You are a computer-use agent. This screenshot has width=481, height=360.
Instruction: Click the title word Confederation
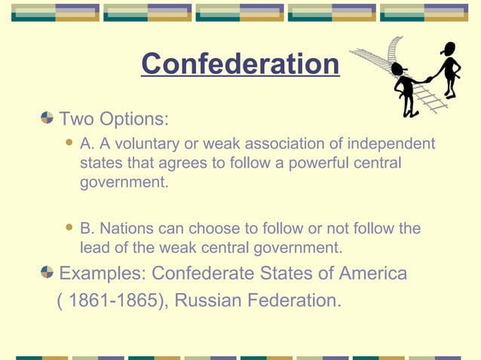[240, 65]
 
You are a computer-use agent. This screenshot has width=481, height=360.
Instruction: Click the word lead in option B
[93, 248]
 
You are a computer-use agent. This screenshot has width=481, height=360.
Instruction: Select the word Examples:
[103, 273]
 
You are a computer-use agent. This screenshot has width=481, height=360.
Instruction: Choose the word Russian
[215, 301]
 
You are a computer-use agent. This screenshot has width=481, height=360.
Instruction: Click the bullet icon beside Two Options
[47, 119]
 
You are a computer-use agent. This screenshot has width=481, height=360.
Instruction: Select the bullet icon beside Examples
[47, 272]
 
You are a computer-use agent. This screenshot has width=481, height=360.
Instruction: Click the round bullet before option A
[70, 142]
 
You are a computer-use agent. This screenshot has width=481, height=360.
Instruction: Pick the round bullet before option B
[70, 227]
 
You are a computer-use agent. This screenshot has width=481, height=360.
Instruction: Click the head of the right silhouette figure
[449, 49]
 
